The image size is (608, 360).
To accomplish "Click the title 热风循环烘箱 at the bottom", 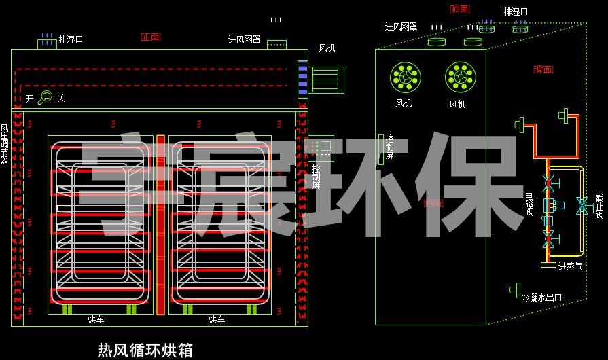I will click(145, 350).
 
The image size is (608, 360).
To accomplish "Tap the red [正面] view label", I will click(151, 37).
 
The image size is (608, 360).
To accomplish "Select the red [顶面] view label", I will click(460, 9).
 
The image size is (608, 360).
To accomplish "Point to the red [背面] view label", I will click(543, 69).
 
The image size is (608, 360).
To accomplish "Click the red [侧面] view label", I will click(433, 202).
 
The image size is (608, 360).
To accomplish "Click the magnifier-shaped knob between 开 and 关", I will click(45, 98).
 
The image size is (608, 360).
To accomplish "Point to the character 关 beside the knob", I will click(61, 98).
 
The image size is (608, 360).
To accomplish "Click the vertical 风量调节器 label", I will click(5, 144).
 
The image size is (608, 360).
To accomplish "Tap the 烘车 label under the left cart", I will click(96, 319).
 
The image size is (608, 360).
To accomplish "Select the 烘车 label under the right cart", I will click(217, 319).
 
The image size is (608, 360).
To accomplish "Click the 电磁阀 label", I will click(530, 204).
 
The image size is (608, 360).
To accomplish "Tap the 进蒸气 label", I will click(570, 267).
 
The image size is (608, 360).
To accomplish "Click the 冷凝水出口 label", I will click(541, 298).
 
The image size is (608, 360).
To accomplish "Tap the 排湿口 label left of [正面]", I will click(71, 40).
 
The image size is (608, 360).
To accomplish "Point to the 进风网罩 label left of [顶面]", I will click(401, 26).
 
